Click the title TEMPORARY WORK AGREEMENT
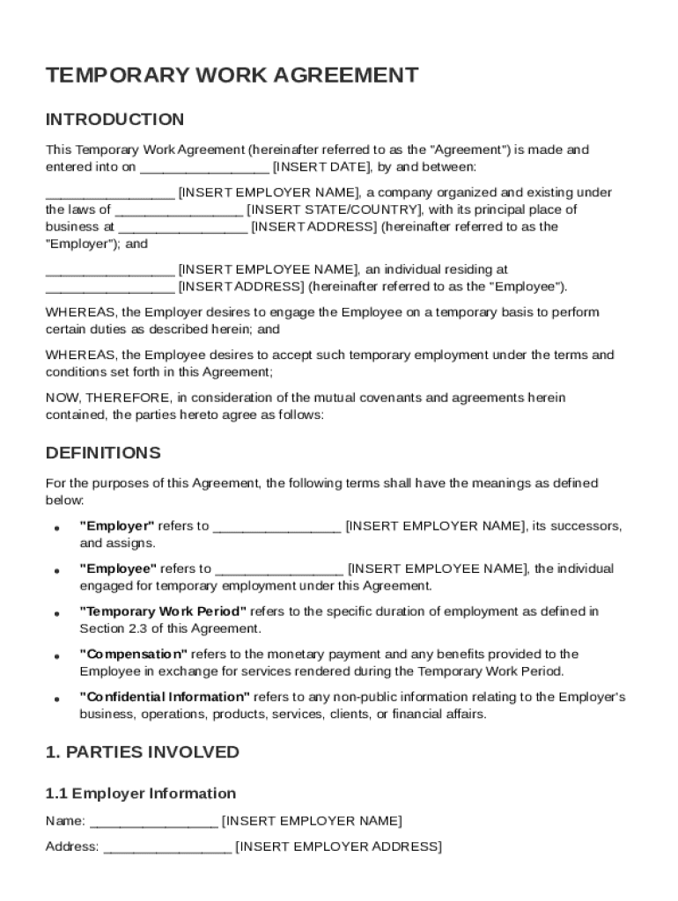tap(232, 76)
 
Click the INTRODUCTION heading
tap(114, 120)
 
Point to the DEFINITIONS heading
tap(103, 453)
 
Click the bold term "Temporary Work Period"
tap(163, 612)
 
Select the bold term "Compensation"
tap(133, 654)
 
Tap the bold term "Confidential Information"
tap(165, 697)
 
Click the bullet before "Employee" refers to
tap(56, 571)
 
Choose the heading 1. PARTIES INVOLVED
tap(142, 752)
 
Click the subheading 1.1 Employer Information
tap(140, 794)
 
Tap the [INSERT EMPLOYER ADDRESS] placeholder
tap(339, 846)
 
